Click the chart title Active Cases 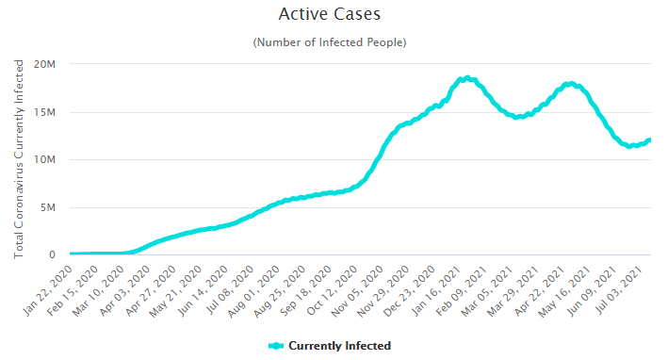(330, 15)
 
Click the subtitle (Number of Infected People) (330, 42)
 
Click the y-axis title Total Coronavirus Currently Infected (19, 159)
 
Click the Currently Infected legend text (339, 346)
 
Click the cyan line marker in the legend (276, 346)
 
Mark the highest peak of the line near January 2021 (464, 78)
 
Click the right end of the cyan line (648, 141)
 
